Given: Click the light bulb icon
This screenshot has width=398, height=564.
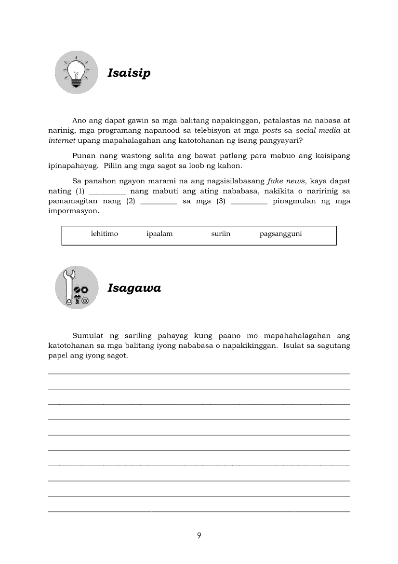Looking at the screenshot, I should point(76,73).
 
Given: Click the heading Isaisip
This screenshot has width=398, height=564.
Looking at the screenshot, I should point(129,73).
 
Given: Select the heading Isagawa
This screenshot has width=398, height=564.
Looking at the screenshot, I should point(134,288).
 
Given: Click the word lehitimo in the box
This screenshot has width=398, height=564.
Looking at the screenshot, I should point(105,234).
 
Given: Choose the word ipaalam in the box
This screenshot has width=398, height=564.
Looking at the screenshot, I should point(159,234).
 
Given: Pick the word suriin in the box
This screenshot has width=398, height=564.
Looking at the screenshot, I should point(221,234).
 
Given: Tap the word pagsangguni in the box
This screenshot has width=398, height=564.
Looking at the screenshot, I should point(280,234).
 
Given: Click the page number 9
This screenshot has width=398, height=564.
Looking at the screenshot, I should point(199,536).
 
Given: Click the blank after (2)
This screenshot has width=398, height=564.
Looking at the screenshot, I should point(159,202).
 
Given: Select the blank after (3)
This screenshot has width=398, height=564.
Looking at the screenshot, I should point(249,202).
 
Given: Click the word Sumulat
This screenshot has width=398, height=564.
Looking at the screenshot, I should point(88,335).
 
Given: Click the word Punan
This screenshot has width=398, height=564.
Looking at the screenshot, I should point(83,156).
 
